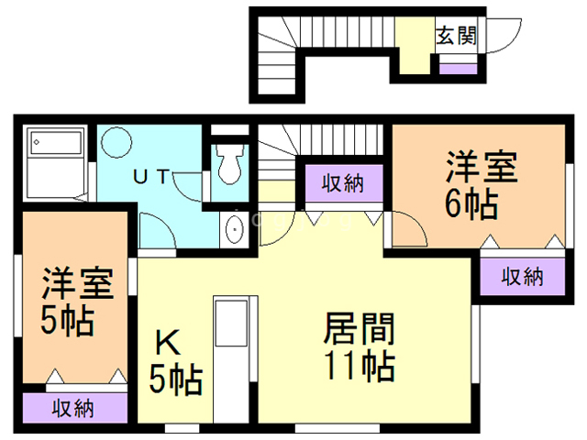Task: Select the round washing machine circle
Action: pos(117,145)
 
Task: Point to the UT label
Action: pos(151,177)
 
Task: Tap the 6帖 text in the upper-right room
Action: pos(471,203)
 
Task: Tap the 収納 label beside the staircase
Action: pos(343,183)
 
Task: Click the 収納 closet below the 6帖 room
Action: pos(522,275)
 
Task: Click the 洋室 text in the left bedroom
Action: pos(78,284)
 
